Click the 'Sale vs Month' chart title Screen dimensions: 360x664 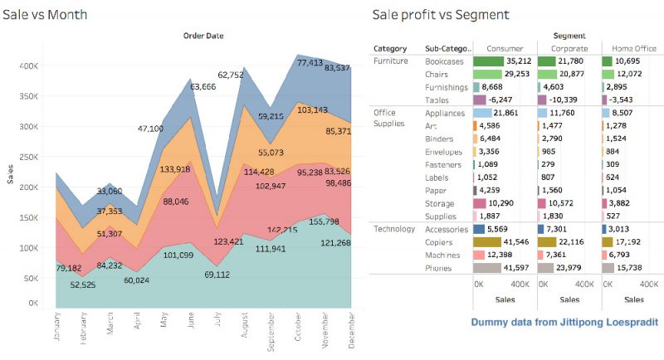[46, 14]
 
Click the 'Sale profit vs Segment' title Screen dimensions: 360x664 [440, 14]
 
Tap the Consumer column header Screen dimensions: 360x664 [504, 48]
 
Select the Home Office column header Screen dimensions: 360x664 [634, 48]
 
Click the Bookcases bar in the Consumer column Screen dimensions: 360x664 [489, 61]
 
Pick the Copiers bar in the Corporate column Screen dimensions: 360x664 [551, 241]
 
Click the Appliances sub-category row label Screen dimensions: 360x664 [445, 112]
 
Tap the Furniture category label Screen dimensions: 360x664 [392, 61]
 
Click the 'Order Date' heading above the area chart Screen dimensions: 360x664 [203, 35]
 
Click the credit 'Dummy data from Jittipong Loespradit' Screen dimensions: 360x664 [564, 321]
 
